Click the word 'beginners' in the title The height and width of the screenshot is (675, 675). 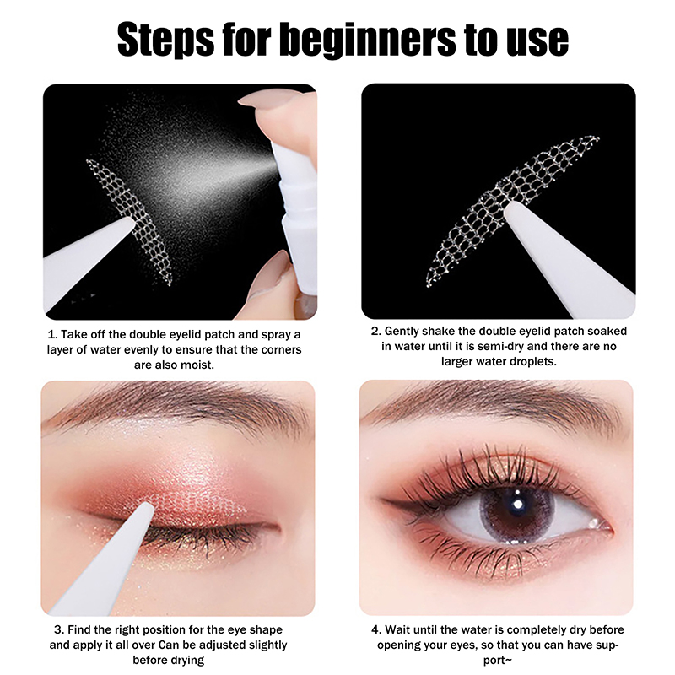click(367, 40)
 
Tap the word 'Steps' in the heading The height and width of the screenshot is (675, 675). click(165, 40)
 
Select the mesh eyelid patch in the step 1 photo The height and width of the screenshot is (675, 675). click(129, 220)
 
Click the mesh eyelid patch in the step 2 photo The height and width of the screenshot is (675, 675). click(512, 211)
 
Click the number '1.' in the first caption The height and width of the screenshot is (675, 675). click(52, 334)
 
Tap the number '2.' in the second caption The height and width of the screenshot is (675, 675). click(376, 331)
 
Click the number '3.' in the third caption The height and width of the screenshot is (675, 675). click(59, 629)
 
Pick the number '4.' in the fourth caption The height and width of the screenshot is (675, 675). click(376, 629)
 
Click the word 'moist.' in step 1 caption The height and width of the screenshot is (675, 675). click(198, 364)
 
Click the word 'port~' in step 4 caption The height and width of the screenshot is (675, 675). click(498, 661)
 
